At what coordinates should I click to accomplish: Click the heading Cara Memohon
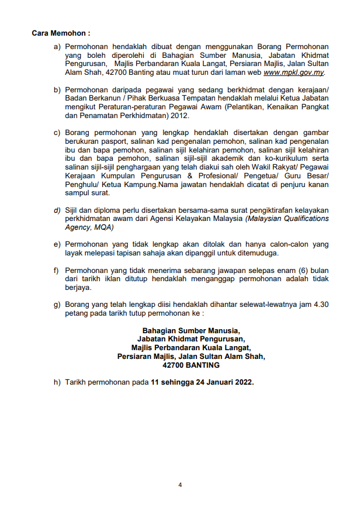[x=61, y=34]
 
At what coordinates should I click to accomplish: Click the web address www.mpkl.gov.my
[x=293, y=73]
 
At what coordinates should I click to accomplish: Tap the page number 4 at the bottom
[x=180, y=485]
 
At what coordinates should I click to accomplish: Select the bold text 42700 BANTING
[x=191, y=365]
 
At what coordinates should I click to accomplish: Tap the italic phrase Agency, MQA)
[x=89, y=227]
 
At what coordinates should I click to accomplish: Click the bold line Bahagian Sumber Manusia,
[x=191, y=330]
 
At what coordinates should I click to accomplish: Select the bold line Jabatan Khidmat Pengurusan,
[x=191, y=338]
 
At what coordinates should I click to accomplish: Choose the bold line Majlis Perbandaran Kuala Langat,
[x=191, y=347]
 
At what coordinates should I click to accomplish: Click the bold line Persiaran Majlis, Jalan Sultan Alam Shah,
[x=191, y=356]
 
